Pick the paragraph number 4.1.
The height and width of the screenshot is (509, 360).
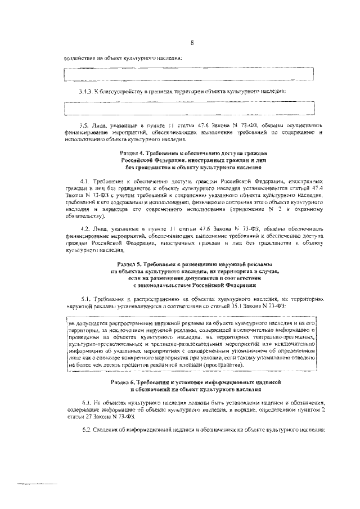(x=85, y=181)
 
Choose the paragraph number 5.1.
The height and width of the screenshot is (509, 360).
(x=85, y=299)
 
